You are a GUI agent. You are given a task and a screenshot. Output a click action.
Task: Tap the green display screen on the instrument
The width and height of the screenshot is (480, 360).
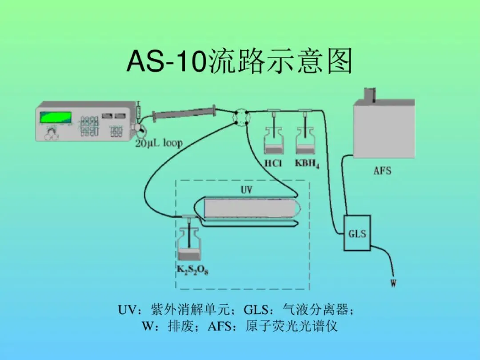click(x=56, y=117)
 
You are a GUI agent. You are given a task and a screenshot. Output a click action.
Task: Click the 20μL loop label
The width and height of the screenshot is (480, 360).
click(x=159, y=143)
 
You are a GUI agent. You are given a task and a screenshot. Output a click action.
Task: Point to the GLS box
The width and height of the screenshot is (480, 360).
click(x=357, y=233)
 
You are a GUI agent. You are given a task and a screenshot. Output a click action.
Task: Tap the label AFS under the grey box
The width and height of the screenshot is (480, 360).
click(x=382, y=170)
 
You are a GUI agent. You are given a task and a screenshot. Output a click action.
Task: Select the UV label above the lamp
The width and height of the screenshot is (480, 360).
click(x=247, y=190)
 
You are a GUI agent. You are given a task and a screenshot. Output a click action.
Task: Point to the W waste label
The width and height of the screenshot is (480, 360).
click(x=393, y=283)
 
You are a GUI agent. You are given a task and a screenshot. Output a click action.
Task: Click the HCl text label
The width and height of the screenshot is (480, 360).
click(x=273, y=164)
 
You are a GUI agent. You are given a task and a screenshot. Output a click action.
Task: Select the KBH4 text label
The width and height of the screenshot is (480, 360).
click(x=307, y=164)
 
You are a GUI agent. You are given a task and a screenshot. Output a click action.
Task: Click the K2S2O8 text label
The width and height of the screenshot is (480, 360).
click(x=192, y=269)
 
